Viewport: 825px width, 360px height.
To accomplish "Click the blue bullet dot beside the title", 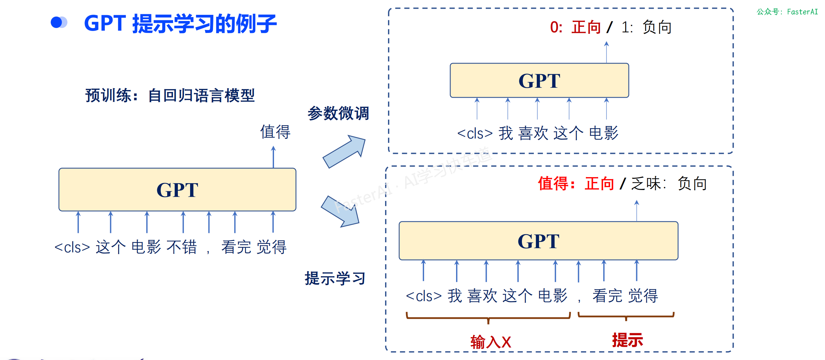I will click(x=57, y=22).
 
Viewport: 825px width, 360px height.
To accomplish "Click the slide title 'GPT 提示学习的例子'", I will click(x=180, y=24).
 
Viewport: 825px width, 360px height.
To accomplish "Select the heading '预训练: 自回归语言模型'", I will click(x=170, y=95).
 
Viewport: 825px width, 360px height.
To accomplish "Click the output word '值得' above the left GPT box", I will click(x=275, y=132).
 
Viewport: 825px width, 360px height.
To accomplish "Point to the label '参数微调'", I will click(x=338, y=113).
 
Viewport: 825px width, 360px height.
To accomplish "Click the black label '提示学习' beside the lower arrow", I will click(x=335, y=278).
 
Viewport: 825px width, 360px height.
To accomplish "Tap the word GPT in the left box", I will click(x=177, y=190).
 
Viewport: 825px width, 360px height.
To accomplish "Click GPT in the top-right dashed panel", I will click(x=539, y=81).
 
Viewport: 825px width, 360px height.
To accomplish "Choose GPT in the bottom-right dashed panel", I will click(x=538, y=241).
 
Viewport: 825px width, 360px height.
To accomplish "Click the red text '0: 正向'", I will click(x=575, y=27).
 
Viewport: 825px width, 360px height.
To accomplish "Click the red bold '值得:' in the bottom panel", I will click(x=556, y=184).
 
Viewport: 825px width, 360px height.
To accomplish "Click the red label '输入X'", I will click(x=491, y=342).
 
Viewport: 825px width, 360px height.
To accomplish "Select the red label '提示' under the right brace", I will click(x=627, y=340).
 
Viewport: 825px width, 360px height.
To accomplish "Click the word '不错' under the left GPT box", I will click(x=181, y=247).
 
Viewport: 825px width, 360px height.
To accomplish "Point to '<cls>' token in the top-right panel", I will click(x=475, y=133).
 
